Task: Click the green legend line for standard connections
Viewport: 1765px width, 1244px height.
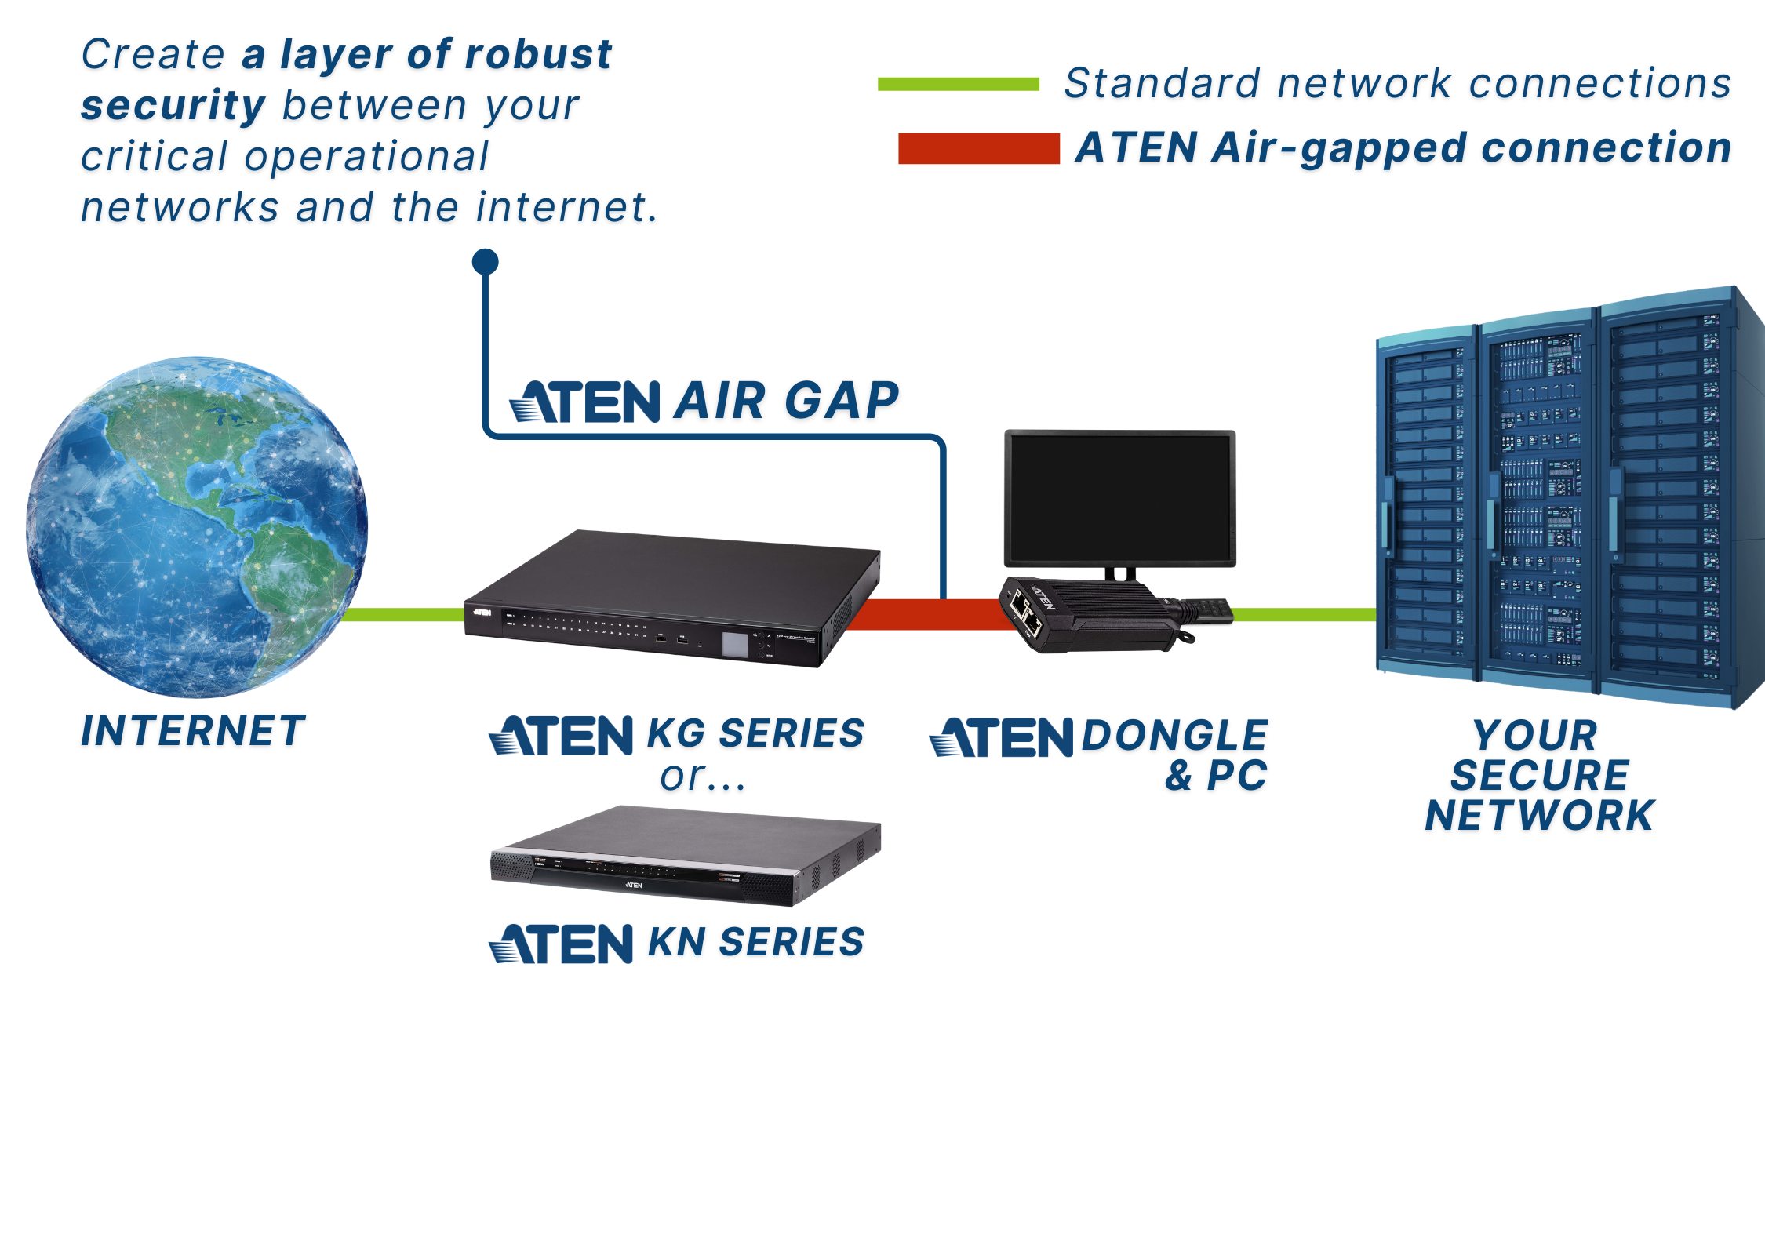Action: pos(958,84)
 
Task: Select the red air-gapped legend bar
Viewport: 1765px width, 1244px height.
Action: pos(978,148)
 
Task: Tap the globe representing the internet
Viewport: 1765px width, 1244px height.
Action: pos(196,527)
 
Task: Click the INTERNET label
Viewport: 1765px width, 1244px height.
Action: pos(193,731)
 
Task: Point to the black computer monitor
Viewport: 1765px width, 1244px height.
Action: pos(1119,497)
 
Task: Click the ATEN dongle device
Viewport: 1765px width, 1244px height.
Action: pos(1090,615)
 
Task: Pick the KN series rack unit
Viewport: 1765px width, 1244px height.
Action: pos(686,856)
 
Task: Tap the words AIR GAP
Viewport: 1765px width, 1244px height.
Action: pos(786,401)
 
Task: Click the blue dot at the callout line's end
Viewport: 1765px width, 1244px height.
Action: pos(486,262)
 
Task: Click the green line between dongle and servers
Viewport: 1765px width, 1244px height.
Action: pos(1302,614)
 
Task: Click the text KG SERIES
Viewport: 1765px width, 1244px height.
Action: pos(755,734)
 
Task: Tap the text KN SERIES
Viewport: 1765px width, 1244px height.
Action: pos(755,942)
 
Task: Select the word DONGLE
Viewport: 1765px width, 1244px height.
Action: pos(1174,736)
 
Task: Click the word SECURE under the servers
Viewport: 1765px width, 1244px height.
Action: pos(1540,775)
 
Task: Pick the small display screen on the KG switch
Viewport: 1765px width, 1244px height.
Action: pos(735,645)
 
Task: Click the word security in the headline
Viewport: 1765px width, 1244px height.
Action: pos(173,106)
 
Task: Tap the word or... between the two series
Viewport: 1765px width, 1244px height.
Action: pos(701,777)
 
